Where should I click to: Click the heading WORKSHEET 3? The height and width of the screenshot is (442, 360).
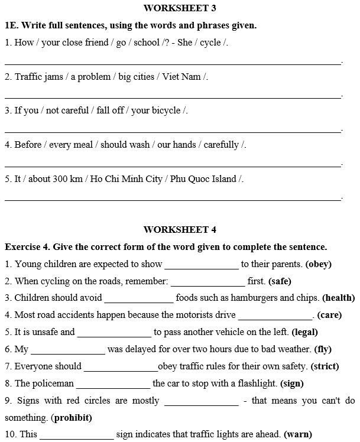pos(180,8)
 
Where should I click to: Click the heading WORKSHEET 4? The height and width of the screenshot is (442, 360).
pos(180,230)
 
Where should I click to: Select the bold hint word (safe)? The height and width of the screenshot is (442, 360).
pos(280,281)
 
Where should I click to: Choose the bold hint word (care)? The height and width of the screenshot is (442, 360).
pos(329,315)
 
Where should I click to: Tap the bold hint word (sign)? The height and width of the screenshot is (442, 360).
pos(292,383)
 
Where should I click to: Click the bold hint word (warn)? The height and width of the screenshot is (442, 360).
pos(298,435)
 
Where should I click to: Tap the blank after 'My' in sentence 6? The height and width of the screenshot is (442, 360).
pos(68,350)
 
